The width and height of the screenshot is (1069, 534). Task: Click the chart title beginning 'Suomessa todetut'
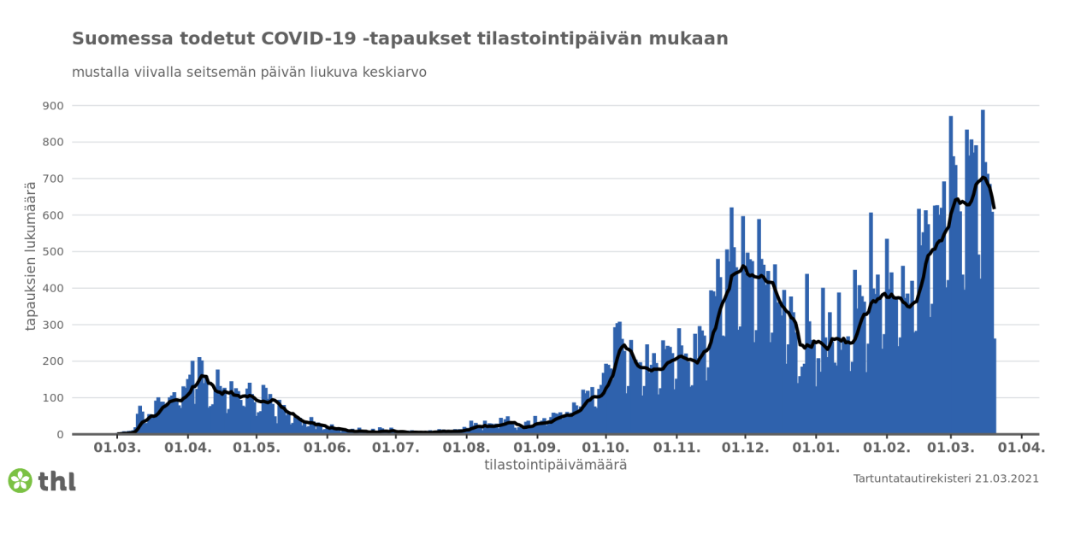[x=399, y=38]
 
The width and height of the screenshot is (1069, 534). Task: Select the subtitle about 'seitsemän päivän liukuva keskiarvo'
[x=249, y=73]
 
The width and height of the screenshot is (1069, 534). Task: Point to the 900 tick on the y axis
[x=54, y=106]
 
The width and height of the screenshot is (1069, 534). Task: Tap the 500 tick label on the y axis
[x=54, y=252]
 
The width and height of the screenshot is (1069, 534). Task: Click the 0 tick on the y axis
[x=60, y=435]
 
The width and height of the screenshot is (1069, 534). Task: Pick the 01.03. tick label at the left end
[x=116, y=448]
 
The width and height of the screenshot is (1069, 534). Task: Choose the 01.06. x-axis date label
[x=327, y=448]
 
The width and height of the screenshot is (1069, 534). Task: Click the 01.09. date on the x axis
[x=536, y=448]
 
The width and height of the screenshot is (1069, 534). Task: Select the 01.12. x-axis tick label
[x=746, y=448]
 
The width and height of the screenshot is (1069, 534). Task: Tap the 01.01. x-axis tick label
[x=816, y=448]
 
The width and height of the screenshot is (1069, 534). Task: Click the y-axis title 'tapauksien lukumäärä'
[x=32, y=256]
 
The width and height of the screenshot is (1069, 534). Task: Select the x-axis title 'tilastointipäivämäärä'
[x=555, y=466]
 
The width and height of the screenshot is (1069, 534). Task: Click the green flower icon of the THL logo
[x=20, y=480]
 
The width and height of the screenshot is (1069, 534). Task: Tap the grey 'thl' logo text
[x=57, y=481]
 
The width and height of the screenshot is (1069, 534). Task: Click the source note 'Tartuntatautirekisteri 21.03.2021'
[x=946, y=478]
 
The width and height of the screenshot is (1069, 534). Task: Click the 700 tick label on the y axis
[x=54, y=179]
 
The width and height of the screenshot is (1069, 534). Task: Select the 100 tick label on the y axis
[x=54, y=398]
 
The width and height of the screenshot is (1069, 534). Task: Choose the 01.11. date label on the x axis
[x=676, y=448]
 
